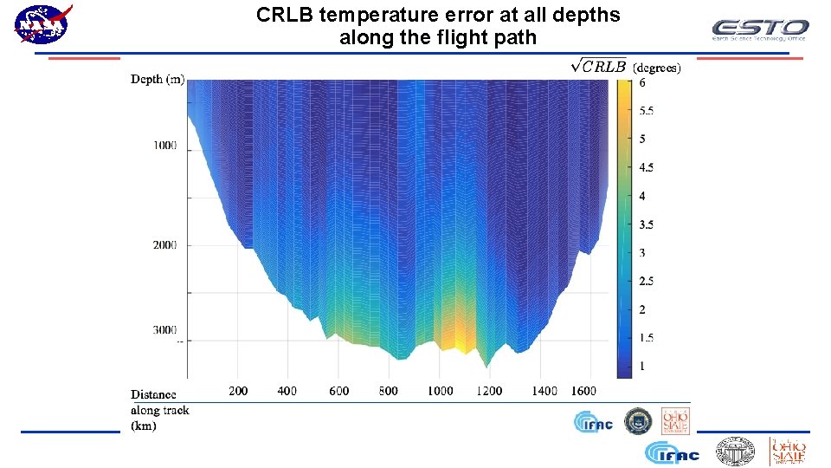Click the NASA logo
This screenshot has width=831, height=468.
[42, 24]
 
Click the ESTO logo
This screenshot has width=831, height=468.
[759, 29]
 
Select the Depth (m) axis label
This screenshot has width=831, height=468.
[158, 80]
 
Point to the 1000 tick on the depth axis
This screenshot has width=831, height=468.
[165, 145]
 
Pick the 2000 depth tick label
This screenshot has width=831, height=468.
[165, 245]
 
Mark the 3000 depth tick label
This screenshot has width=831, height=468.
[165, 330]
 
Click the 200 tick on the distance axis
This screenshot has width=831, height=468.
[238, 391]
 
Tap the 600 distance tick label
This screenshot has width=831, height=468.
[339, 391]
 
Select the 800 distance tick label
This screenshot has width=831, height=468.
[389, 391]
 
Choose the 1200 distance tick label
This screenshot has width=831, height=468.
[489, 391]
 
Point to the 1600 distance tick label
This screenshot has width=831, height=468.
[583, 391]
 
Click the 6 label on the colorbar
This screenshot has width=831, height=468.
[642, 84]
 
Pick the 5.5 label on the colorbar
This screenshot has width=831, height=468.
[647, 111]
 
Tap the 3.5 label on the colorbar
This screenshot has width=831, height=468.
[647, 224]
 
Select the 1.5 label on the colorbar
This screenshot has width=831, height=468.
[647, 338]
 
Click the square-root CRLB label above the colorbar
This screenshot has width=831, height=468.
[599, 66]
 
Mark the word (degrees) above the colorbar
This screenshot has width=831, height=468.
[657, 67]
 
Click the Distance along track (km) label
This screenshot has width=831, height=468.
[159, 410]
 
